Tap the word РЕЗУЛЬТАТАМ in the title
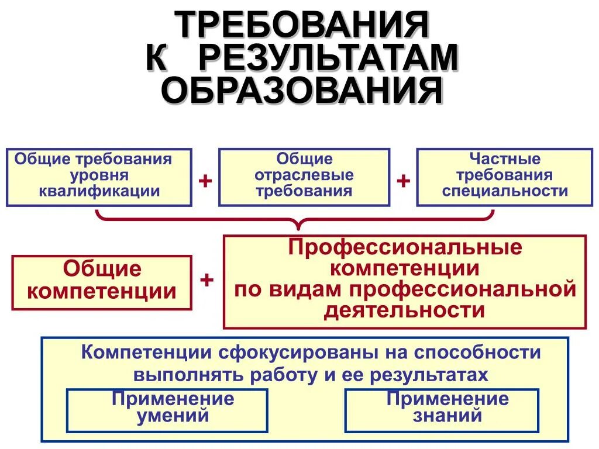point(328,58)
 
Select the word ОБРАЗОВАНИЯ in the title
point(302,91)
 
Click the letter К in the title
point(159,58)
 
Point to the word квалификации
point(99,191)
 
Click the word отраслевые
point(304,175)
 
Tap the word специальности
point(505,191)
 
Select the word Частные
point(505,159)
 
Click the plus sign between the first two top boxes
point(205,181)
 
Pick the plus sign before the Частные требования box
point(403,181)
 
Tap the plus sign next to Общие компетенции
point(206,279)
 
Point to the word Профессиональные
point(404,247)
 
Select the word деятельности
point(404,310)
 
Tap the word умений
point(173,416)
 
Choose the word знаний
point(447,416)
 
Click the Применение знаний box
point(441,409)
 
